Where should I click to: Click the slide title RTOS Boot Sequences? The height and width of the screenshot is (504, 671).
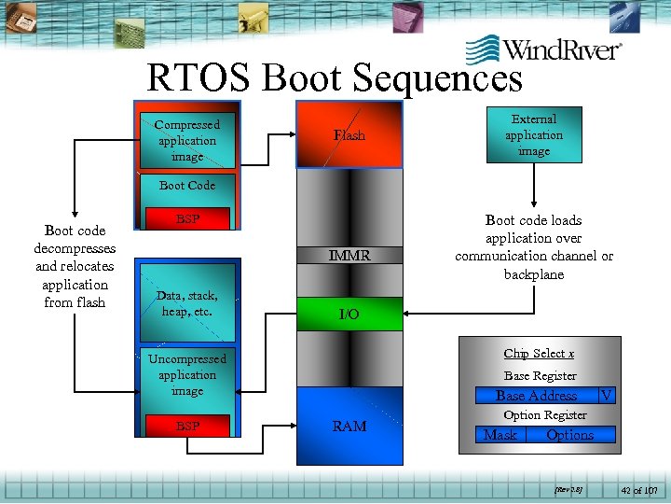(x=335, y=79)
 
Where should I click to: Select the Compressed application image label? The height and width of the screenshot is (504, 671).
(x=187, y=140)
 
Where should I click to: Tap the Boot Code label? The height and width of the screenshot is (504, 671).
(x=187, y=185)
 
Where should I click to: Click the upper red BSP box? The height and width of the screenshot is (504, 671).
(x=187, y=219)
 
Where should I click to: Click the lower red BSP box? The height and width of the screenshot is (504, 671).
(x=187, y=427)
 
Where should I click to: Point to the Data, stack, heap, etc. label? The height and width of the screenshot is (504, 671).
(x=187, y=303)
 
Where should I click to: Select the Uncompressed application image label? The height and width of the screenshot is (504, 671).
(x=187, y=374)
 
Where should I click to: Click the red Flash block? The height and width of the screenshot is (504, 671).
(x=349, y=135)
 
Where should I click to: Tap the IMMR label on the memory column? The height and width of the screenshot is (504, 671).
(x=349, y=255)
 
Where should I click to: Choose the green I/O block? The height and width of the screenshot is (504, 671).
(x=349, y=315)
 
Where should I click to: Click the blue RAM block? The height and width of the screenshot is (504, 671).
(x=349, y=426)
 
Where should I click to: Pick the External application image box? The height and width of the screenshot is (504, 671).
(x=534, y=135)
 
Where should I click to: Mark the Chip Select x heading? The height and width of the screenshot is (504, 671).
(x=539, y=353)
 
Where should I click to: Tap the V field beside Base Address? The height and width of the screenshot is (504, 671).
(x=607, y=396)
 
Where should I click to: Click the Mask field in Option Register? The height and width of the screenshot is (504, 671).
(x=500, y=435)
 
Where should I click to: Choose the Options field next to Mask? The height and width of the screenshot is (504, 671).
(x=570, y=435)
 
